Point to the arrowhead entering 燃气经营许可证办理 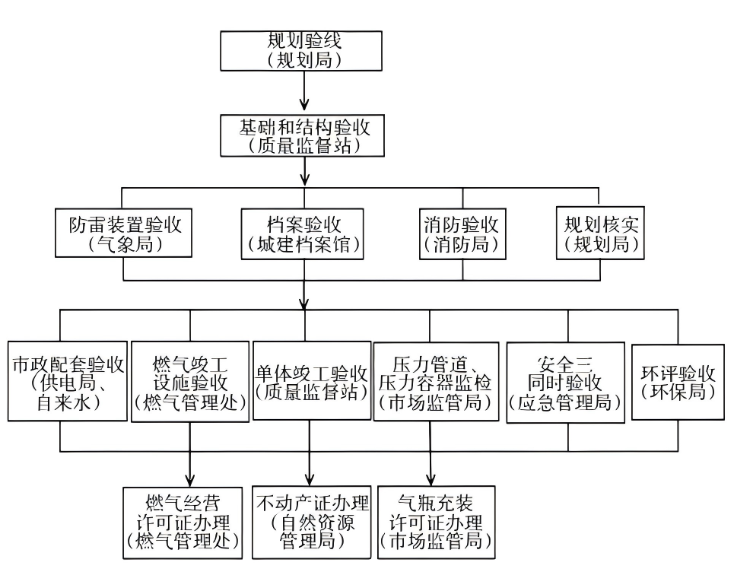pos(190,478)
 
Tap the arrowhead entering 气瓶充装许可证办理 pos(431,478)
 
